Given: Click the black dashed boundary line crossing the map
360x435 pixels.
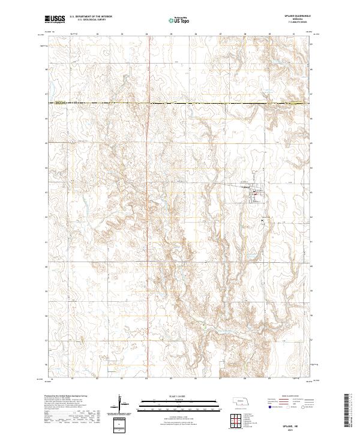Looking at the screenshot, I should [x=180, y=104].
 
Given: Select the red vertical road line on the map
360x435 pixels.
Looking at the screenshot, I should [x=148, y=300].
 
